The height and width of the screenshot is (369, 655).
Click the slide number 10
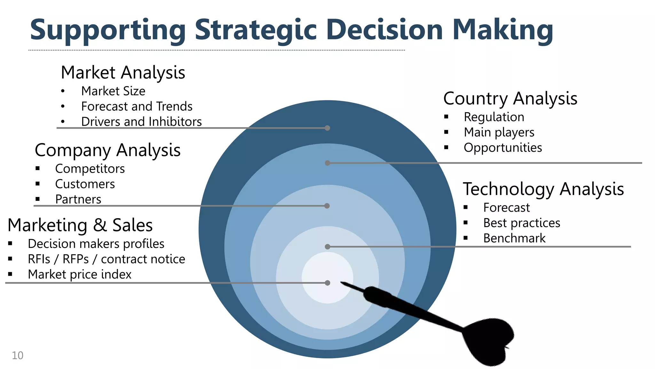click(x=18, y=356)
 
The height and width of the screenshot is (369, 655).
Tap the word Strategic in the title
click(x=256, y=30)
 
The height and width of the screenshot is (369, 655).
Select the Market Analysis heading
click(x=123, y=72)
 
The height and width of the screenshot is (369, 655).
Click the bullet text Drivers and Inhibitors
click(x=141, y=122)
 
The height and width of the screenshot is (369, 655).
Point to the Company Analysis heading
click(x=107, y=150)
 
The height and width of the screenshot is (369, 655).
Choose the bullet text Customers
click(x=85, y=184)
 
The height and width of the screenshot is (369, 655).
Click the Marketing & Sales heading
click(x=80, y=225)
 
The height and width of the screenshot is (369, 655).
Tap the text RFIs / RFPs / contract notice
click(x=106, y=259)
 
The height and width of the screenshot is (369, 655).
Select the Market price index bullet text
click(x=79, y=275)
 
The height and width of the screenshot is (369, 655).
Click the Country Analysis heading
click(x=510, y=98)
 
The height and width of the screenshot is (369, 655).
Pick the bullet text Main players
click(x=499, y=132)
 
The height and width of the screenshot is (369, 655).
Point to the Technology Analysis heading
click(x=543, y=189)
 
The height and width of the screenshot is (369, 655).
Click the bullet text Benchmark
click(x=514, y=238)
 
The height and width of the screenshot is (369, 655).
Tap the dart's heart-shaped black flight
click(x=489, y=341)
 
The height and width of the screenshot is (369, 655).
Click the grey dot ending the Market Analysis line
click(x=327, y=128)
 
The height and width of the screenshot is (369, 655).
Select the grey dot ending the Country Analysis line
click(x=327, y=163)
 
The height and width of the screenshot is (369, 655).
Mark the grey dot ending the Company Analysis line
click(x=327, y=206)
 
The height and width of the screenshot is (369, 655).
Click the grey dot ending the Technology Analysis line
click(x=327, y=247)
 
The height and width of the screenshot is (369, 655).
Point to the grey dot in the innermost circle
click(x=327, y=283)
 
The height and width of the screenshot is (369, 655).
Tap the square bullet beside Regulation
click(x=446, y=117)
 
